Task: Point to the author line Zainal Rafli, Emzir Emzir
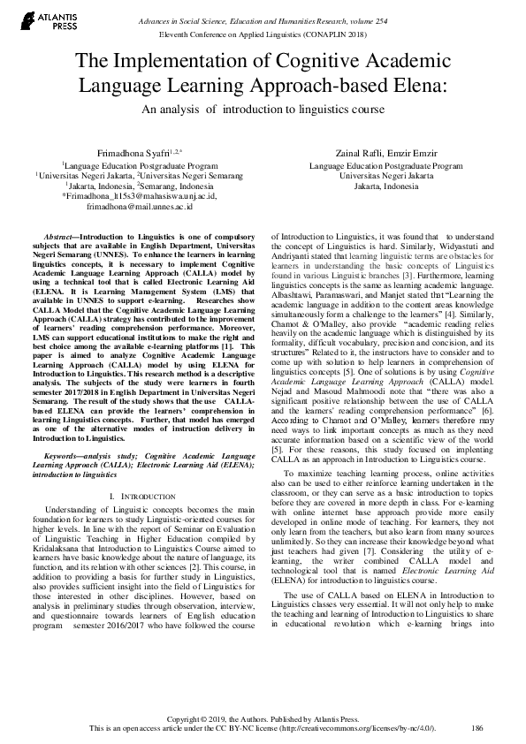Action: point(385,152)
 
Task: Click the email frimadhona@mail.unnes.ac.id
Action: point(133,209)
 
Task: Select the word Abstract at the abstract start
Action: point(60,239)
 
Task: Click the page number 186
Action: point(477,728)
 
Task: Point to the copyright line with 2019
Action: point(263,718)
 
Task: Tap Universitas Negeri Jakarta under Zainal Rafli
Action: point(385,176)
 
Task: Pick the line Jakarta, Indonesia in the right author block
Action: point(385,187)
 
